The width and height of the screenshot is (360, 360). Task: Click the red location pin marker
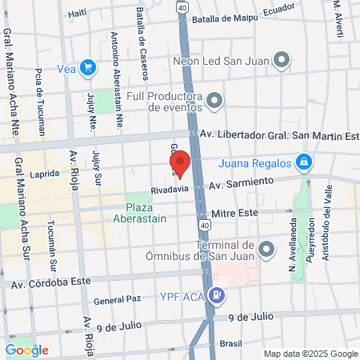coord(180,163)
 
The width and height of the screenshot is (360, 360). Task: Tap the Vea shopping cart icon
coord(89,69)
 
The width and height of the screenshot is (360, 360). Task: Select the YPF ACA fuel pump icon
coord(216,294)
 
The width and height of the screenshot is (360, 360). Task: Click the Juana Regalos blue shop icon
coord(303,164)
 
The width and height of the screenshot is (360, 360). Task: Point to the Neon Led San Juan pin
coord(282,59)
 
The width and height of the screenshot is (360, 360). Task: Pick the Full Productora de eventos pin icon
coord(214,102)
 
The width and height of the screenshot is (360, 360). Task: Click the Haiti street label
coord(77,13)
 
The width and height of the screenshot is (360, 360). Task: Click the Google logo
coord(27,350)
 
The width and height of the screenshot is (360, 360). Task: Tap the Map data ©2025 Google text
coord(311,354)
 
